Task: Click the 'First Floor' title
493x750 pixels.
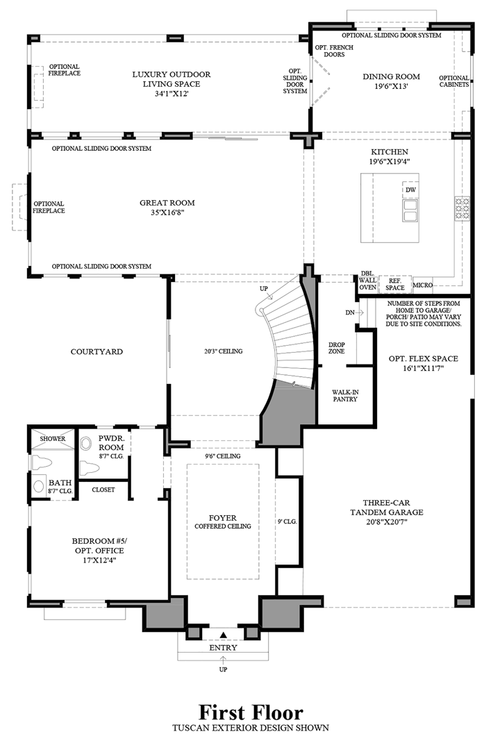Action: click(x=251, y=712)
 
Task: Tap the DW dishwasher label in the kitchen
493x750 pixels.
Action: click(x=411, y=190)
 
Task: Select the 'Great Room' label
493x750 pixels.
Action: click(x=167, y=207)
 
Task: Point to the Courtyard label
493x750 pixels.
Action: click(x=97, y=351)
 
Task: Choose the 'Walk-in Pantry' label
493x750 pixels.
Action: click(x=345, y=396)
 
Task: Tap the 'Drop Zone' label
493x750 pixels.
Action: click(x=337, y=347)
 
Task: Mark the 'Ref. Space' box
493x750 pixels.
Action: click(x=395, y=284)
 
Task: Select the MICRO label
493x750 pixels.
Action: click(x=423, y=285)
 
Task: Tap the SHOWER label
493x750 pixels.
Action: click(x=52, y=439)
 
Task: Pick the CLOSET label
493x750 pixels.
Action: click(x=103, y=490)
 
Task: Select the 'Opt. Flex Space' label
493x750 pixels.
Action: click(x=423, y=363)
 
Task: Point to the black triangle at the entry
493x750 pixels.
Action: click(x=224, y=635)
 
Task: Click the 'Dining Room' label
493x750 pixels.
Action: click(x=391, y=81)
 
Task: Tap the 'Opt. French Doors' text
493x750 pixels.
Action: click(x=334, y=52)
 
